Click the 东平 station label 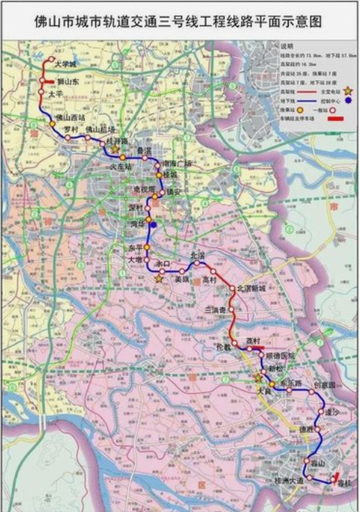[137, 249]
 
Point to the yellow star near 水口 [159, 278]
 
